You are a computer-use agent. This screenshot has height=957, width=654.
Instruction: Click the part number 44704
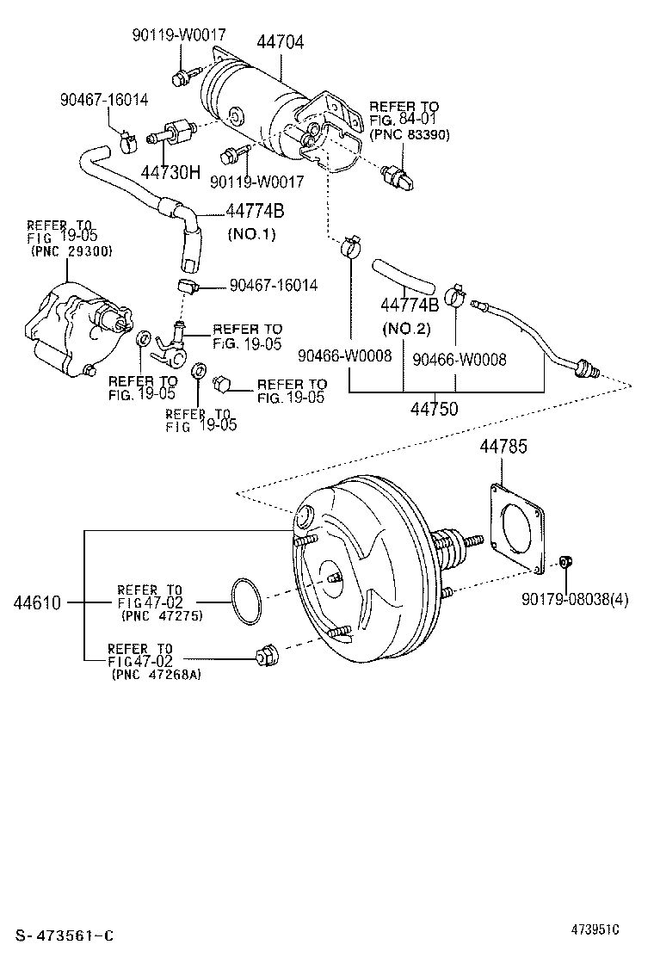click(280, 42)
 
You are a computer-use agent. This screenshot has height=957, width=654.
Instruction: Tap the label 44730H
click(170, 172)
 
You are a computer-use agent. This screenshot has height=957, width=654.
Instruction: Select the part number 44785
click(503, 446)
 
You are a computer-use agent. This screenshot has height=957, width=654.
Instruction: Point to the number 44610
click(37, 603)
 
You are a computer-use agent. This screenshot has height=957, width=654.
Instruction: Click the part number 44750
click(434, 408)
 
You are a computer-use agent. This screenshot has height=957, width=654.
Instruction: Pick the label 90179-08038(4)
click(575, 599)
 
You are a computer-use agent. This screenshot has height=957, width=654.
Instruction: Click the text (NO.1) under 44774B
click(251, 234)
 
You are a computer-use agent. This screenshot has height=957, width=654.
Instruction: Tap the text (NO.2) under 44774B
click(406, 329)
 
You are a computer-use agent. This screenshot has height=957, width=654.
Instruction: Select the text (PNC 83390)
click(410, 134)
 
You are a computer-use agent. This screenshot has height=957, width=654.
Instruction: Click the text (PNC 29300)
click(71, 250)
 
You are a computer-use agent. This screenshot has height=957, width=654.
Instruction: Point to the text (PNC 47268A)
click(156, 675)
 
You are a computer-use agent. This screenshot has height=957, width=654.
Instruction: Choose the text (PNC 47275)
click(163, 616)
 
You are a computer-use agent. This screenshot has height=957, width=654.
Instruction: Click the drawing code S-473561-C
click(65, 935)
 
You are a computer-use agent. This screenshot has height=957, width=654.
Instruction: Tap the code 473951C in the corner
click(595, 929)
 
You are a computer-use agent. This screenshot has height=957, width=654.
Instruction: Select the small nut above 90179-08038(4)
click(565, 560)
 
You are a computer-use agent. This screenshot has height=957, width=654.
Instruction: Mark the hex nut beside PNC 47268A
click(265, 657)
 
